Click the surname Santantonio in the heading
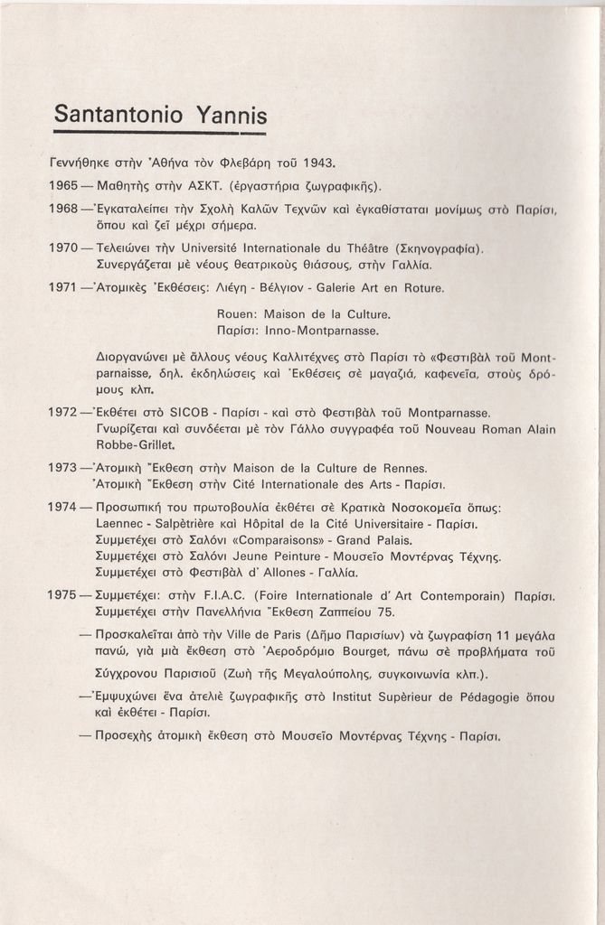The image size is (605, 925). click(x=118, y=114)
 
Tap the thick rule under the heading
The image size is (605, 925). click(x=159, y=133)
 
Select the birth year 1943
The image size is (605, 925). click(x=318, y=164)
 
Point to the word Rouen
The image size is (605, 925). click(x=237, y=314)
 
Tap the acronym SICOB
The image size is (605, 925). click(x=191, y=413)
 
